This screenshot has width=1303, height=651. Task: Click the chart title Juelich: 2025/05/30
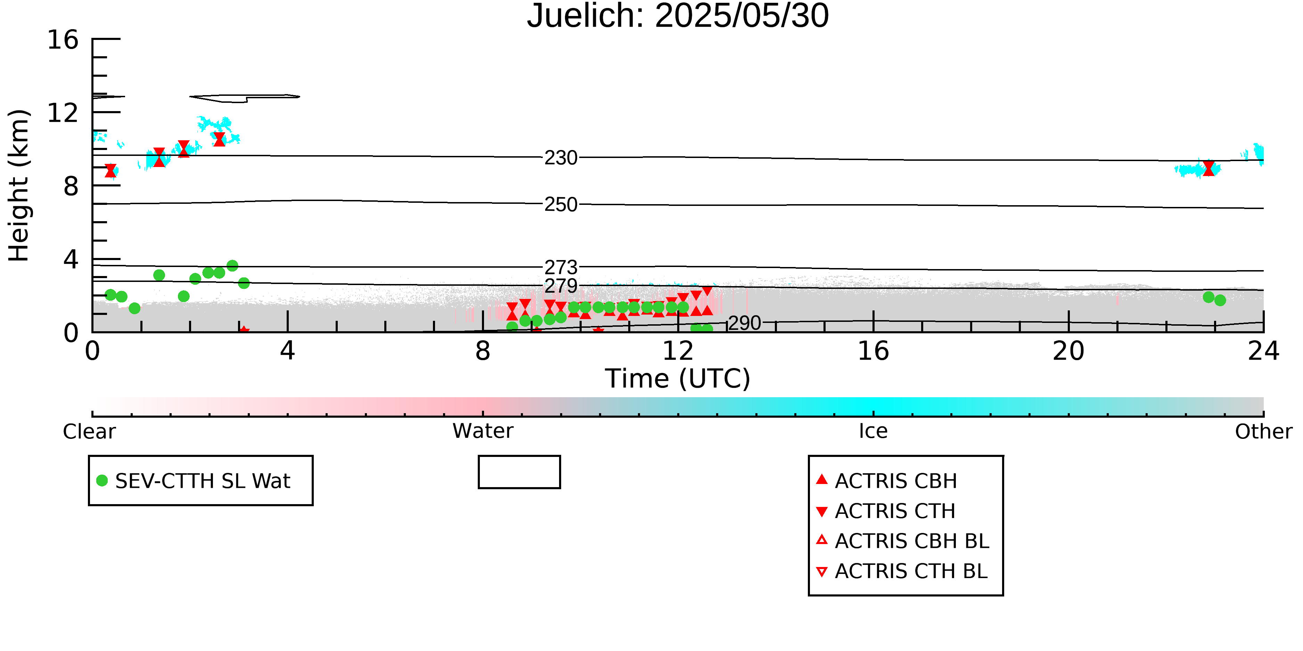point(678,16)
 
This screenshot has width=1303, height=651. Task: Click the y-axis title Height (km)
point(19,185)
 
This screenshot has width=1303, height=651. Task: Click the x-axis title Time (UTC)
point(678,378)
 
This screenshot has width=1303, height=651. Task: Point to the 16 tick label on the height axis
point(63,40)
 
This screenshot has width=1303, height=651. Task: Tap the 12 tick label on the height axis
point(63,113)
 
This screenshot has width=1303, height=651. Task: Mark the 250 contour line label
point(561,205)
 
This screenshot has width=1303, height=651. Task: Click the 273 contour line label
point(561,267)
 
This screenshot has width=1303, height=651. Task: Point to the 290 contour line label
point(745,323)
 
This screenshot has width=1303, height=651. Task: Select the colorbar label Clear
point(89,432)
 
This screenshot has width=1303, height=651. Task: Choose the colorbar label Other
point(1263,432)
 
